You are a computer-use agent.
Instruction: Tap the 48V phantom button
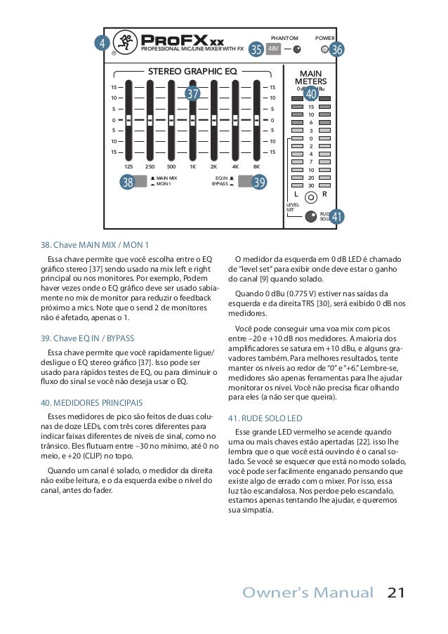pyautogui.click(x=274, y=49)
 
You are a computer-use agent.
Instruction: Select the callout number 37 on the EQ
pyautogui.click(x=192, y=93)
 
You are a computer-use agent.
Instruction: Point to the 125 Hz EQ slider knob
pyautogui.click(x=129, y=120)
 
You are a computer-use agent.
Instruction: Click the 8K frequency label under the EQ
pyautogui.click(x=257, y=167)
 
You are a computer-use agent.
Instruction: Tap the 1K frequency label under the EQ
pyautogui.click(x=192, y=167)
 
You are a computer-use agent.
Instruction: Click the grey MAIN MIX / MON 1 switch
pyautogui.click(x=139, y=182)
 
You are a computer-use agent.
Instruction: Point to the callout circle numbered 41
pyautogui.click(x=337, y=217)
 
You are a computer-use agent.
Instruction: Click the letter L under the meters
pyautogui.click(x=296, y=193)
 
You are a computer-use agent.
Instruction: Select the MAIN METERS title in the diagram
pyautogui.click(x=310, y=77)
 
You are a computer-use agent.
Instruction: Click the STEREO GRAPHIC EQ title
pyautogui.click(x=192, y=71)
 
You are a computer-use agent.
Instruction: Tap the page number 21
pyautogui.click(x=395, y=593)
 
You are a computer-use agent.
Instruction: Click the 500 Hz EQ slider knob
pyautogui.click(x=171, y=120)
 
